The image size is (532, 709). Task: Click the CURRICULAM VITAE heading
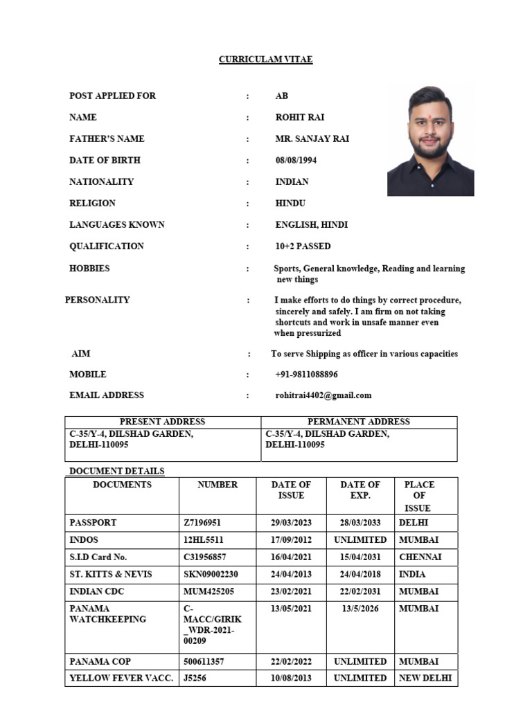tap(266, 60)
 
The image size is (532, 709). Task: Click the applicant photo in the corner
tap(430, 141)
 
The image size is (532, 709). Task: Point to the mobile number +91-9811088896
tap(306, 374)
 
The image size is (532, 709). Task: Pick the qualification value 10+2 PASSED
tap(303, 246)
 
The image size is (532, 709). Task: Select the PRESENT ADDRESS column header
tap(162, 422)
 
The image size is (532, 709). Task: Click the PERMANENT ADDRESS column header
tap(358, 422)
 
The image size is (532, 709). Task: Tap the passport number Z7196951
tap(202, 523)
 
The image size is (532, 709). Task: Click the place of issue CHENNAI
tap(420, 557)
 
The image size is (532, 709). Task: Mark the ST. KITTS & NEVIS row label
tap(111, 575)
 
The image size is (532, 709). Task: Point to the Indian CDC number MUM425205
tap(209, 592)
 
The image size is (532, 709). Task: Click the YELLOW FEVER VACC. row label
tap(121, 679)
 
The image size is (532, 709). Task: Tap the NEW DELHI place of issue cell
tap(425, 679)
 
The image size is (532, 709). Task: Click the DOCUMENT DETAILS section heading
tap(116, 472)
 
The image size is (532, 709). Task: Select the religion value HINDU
tap(290, 203)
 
